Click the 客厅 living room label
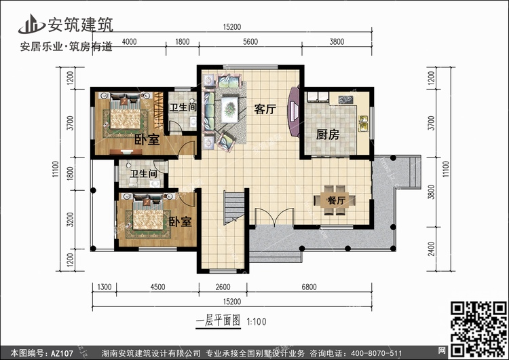[x=265, y=109]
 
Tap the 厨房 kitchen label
[x=328, y=134]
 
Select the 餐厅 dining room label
[x=336, y=200]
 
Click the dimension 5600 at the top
[x=250, y=41]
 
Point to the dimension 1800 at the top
[x=182, y=41]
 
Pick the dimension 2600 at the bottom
[x=223, y=287]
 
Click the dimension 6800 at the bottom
[x=309, y=287]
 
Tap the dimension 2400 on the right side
[x=432, y=249]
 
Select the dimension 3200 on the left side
[x=70, y=219]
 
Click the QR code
[x=478, y=329]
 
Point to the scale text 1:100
[x=257, y=322]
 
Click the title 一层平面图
[x=218, y=321]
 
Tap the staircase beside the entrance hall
[x=233, y=207]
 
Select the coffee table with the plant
[x=229, y=109]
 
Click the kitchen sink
[x=363, y=124]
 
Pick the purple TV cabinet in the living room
[x=294, y=111]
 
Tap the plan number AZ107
[x=62, y=353]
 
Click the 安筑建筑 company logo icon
[x=31, y=24]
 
